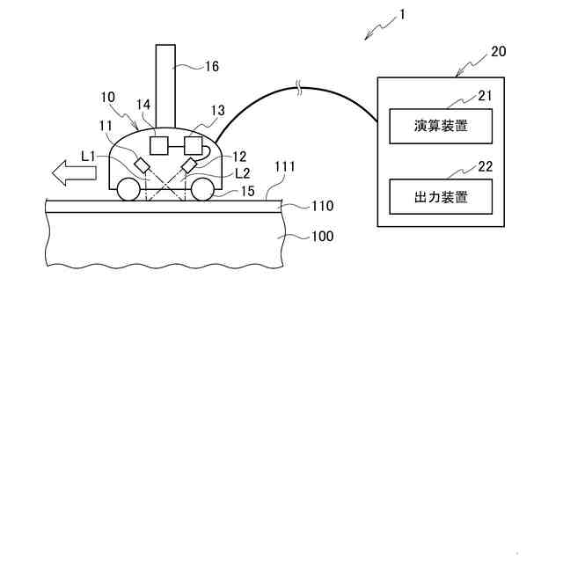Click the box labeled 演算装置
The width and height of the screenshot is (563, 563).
(441, 127)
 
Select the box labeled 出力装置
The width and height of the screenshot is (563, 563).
(441, 197)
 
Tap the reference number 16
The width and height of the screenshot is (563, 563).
(211, 66)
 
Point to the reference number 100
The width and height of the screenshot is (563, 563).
(299, 237)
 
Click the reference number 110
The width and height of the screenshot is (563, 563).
(299, 207)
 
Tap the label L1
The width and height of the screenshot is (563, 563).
(88, 156)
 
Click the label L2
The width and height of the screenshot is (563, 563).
(243, 173)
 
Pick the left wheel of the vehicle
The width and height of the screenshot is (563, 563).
(128, 189)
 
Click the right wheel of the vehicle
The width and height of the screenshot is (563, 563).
(201, 189)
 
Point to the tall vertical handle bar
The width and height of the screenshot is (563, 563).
(165, 84)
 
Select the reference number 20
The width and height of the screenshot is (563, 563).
(498, 51)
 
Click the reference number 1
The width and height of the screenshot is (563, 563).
(400, 15)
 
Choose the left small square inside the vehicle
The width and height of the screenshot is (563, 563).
(159, 143)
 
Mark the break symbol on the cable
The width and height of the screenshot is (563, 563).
(301, 87)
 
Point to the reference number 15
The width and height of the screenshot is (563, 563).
(248, 190)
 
